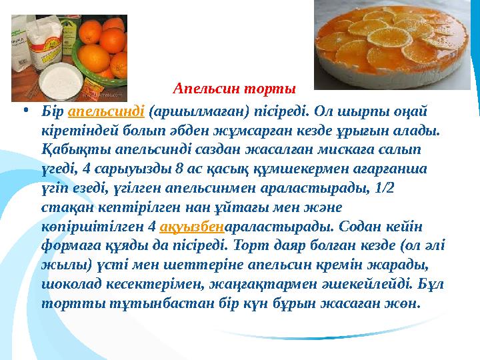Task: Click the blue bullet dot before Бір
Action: click(25, 109)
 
